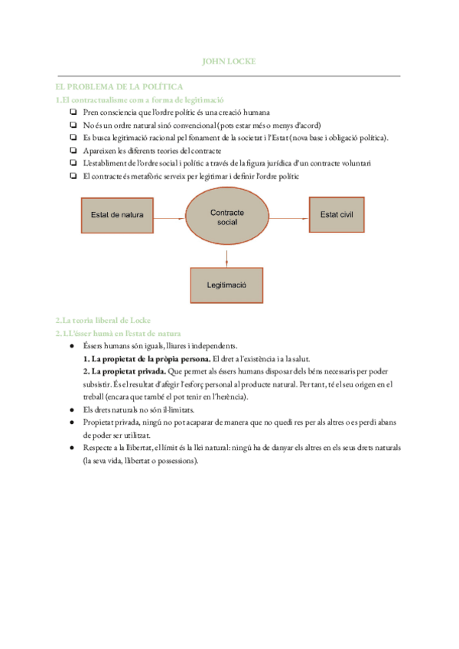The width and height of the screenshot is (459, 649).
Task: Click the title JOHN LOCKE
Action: coord(228,60)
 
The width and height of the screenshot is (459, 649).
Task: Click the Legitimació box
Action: coord(226,285)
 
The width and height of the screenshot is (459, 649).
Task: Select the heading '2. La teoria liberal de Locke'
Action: coord(103,320)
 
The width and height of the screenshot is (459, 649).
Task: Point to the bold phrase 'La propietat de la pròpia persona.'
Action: coord(146,358)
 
